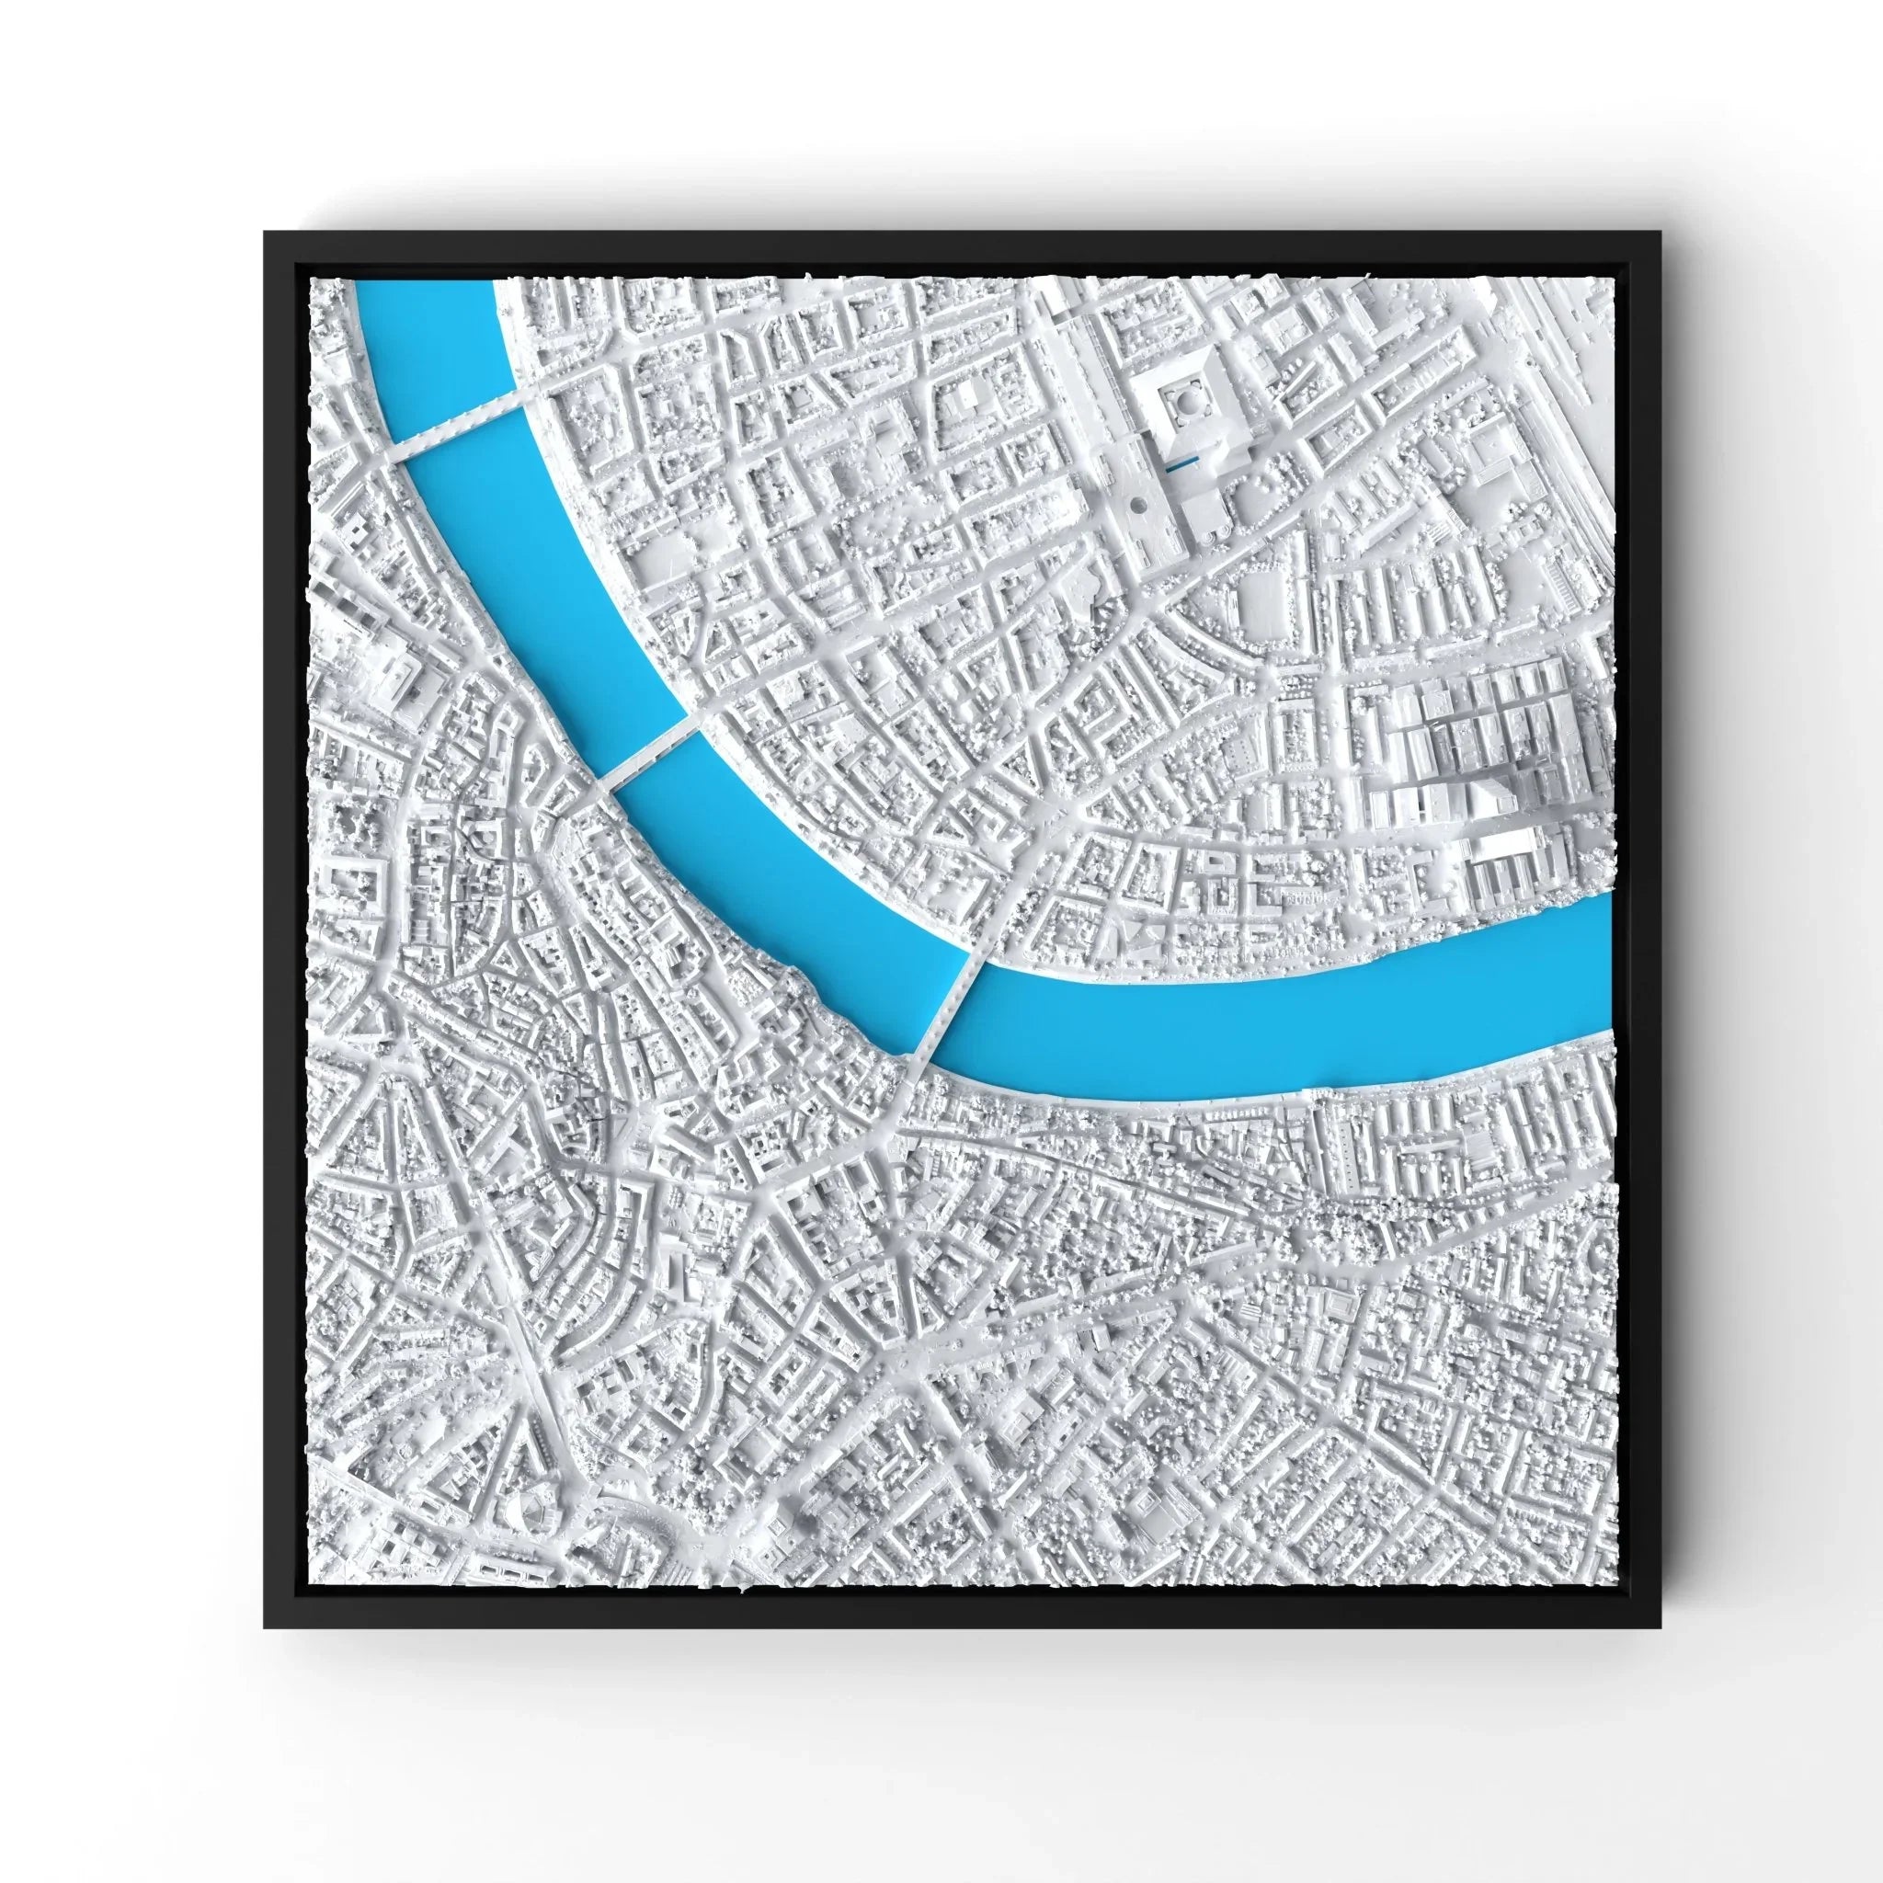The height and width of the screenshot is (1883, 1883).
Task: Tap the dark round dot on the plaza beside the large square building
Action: tap(1137, 505)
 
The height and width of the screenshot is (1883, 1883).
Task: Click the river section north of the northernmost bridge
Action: tap(428, 331)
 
